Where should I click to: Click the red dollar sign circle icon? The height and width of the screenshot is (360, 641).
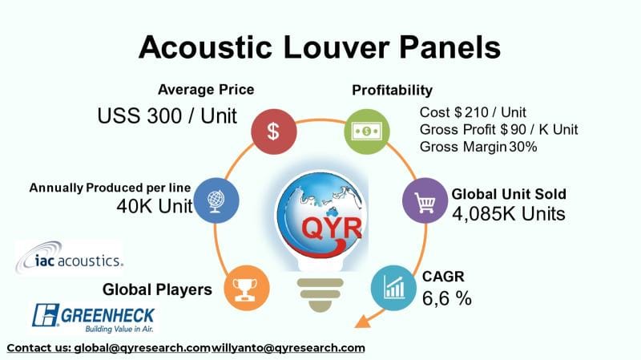point(272,131)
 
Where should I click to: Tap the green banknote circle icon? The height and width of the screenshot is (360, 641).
point(366,131)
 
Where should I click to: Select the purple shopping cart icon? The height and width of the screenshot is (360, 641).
point(423,199)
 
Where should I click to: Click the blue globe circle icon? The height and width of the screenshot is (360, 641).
point(216,199)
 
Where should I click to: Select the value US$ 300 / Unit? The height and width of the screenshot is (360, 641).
point(167,115)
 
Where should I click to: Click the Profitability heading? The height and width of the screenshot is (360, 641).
point(393,89)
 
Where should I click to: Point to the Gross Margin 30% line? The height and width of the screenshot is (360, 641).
point(478,147)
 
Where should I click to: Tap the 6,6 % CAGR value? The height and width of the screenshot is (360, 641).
point(446,298)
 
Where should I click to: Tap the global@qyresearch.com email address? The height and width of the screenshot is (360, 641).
point(142,348)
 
